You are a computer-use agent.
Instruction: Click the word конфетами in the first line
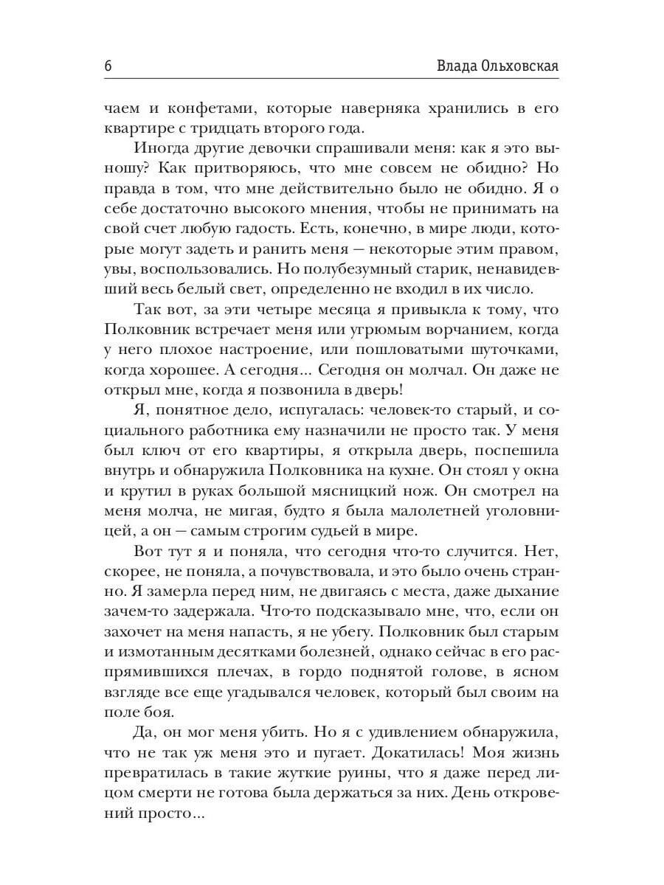[x=204, y=108]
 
